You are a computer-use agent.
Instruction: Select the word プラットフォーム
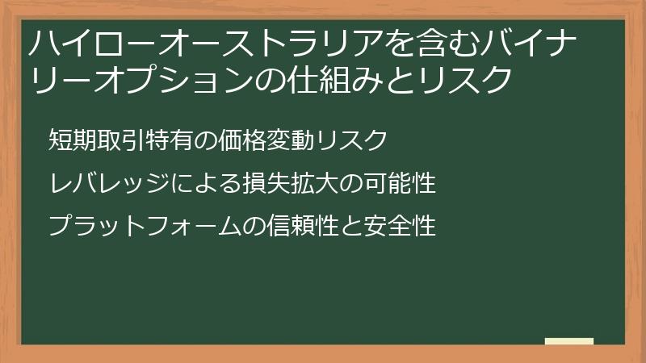133,226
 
